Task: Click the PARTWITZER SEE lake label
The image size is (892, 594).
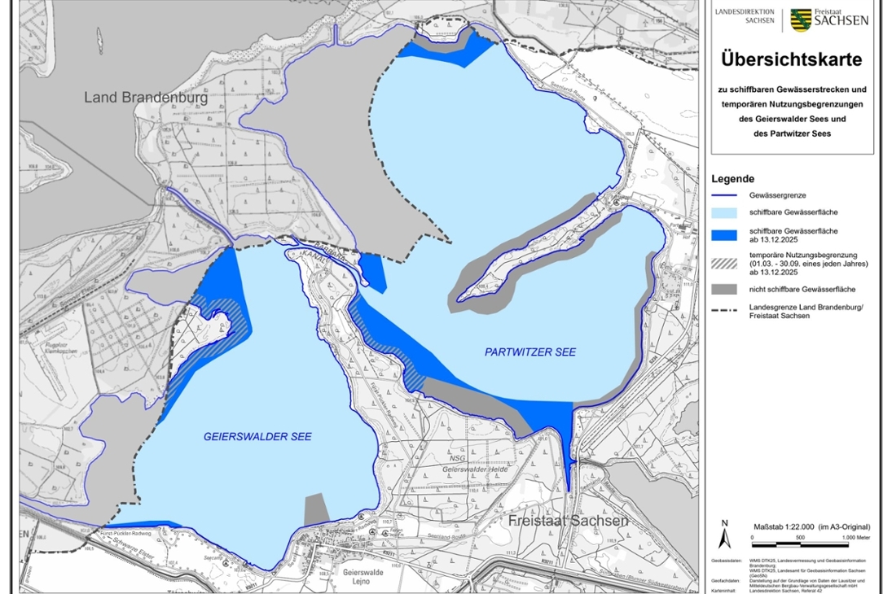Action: pyautogui.click(x=529, y=352)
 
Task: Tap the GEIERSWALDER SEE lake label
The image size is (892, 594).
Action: pyautogui.click(x=257, y=437)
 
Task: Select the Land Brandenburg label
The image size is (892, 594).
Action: pyautogui.click(x=146, y=98)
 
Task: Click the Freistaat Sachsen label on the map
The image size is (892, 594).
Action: pyautogui.click(x=568, y=522)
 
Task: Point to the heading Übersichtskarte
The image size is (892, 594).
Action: pyautogui.click(x=791, y=60)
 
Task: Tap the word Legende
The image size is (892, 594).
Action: pyautogui.click(x=732, y=179)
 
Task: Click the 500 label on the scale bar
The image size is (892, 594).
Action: pyautogui.click(x=799, y=538)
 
